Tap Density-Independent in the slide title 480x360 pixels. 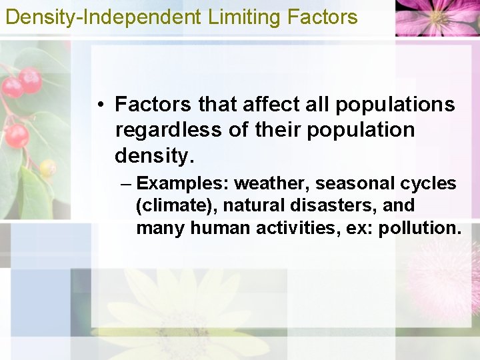click(103, 17)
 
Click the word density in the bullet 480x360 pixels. click(152, 155)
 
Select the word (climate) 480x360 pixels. click(175, 205)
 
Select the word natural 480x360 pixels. click(255, 205)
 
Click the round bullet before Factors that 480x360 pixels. click(98, 105)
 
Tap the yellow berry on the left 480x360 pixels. click(47, 167)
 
